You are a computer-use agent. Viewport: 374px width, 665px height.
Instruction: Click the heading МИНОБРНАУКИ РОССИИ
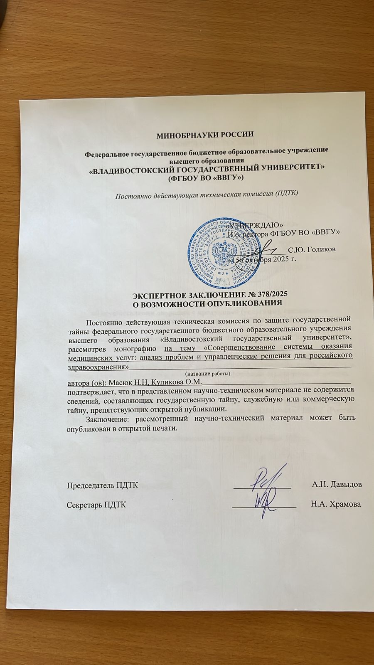(x=204, y=134)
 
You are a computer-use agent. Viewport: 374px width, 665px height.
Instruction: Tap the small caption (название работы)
(x=207, y=373)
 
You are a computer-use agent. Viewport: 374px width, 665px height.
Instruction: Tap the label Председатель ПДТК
(x=103, y=485)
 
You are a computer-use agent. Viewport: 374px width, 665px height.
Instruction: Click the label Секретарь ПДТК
(x=97, y=505)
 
